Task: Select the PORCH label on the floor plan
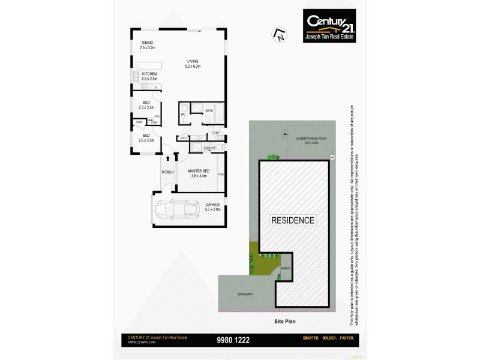tap(167, 172)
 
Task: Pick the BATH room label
tap(209, 111)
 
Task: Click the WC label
tap(183, 114)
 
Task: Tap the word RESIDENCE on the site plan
tap(293, 220)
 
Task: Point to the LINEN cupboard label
tap(183, 138)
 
